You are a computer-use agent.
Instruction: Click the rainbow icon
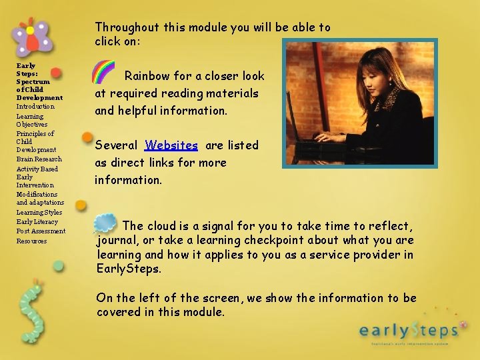click(103, 72)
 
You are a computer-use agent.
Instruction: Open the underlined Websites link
click(171, 145)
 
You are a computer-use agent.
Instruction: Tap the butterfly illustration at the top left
click(31, 38)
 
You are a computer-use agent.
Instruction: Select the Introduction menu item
click(35, 107)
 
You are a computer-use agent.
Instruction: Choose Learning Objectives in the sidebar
click(31, 120)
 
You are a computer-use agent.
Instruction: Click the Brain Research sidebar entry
click(39, 159)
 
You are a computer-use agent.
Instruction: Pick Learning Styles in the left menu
click(39, 212)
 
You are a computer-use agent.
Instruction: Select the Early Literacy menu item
click(37, 221)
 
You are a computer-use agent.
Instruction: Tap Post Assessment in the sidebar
click(41, 231)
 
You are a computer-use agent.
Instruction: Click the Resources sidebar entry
click(31, 241)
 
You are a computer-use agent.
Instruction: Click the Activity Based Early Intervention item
click(37, 177)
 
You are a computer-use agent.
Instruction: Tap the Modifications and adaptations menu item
click(40, 198)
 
